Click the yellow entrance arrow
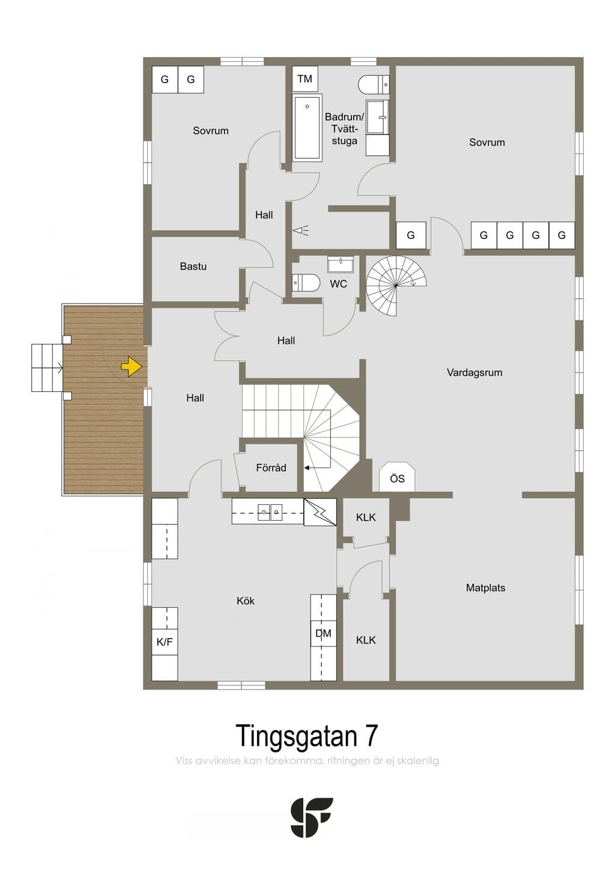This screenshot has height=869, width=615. (132, 367)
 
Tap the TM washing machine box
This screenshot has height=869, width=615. (304, 79)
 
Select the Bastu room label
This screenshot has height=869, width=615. (193, 266)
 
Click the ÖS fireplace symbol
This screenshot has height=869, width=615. (397, 477)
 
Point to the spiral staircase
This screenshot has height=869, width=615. (396, 286)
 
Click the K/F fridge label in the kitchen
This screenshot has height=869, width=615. (164, 642)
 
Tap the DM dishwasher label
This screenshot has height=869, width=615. (323, 634)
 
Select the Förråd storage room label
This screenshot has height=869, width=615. (271, 468)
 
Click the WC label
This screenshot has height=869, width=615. (338, 284)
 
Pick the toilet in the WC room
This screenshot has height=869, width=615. (306, 283)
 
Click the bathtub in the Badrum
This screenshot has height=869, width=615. (307, 127)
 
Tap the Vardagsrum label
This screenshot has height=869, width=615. (474, 373)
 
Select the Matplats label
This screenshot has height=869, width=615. (485, 588)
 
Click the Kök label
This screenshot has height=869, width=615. (246, 601)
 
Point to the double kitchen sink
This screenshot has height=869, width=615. (270, 512)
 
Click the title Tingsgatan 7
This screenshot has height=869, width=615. (307, 736)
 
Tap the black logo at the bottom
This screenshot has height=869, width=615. (312, 817)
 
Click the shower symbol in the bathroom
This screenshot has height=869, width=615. (302, 231)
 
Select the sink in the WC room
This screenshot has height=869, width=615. (341, 264)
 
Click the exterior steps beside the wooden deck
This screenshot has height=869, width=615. (47, 367)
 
